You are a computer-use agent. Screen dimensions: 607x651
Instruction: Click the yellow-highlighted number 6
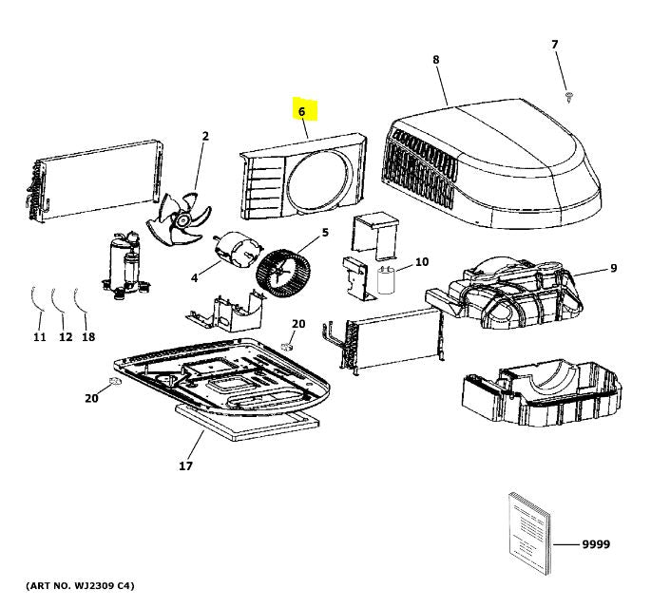point(302,112)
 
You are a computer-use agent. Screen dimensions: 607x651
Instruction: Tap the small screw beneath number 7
point(568,97)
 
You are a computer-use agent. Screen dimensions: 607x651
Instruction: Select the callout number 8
point(436,60)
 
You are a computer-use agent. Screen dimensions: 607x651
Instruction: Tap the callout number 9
point(613,269)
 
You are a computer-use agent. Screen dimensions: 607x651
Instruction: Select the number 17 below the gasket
point(185,465)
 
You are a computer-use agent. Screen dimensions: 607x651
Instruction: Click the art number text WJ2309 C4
point(80,585)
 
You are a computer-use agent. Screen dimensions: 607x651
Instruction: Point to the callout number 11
point(39,337)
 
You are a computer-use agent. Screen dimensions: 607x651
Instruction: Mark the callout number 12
point(65,337)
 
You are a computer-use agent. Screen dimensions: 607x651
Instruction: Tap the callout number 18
point(89,337)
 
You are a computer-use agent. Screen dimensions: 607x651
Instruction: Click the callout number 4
point(194,277)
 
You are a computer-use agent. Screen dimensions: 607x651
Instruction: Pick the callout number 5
point(324,232)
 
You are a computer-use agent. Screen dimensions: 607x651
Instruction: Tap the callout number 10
point(422,261)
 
